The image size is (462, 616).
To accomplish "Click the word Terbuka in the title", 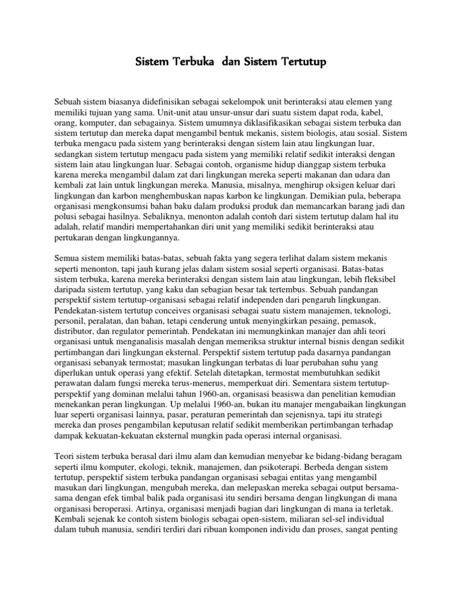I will pos(192,61).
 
